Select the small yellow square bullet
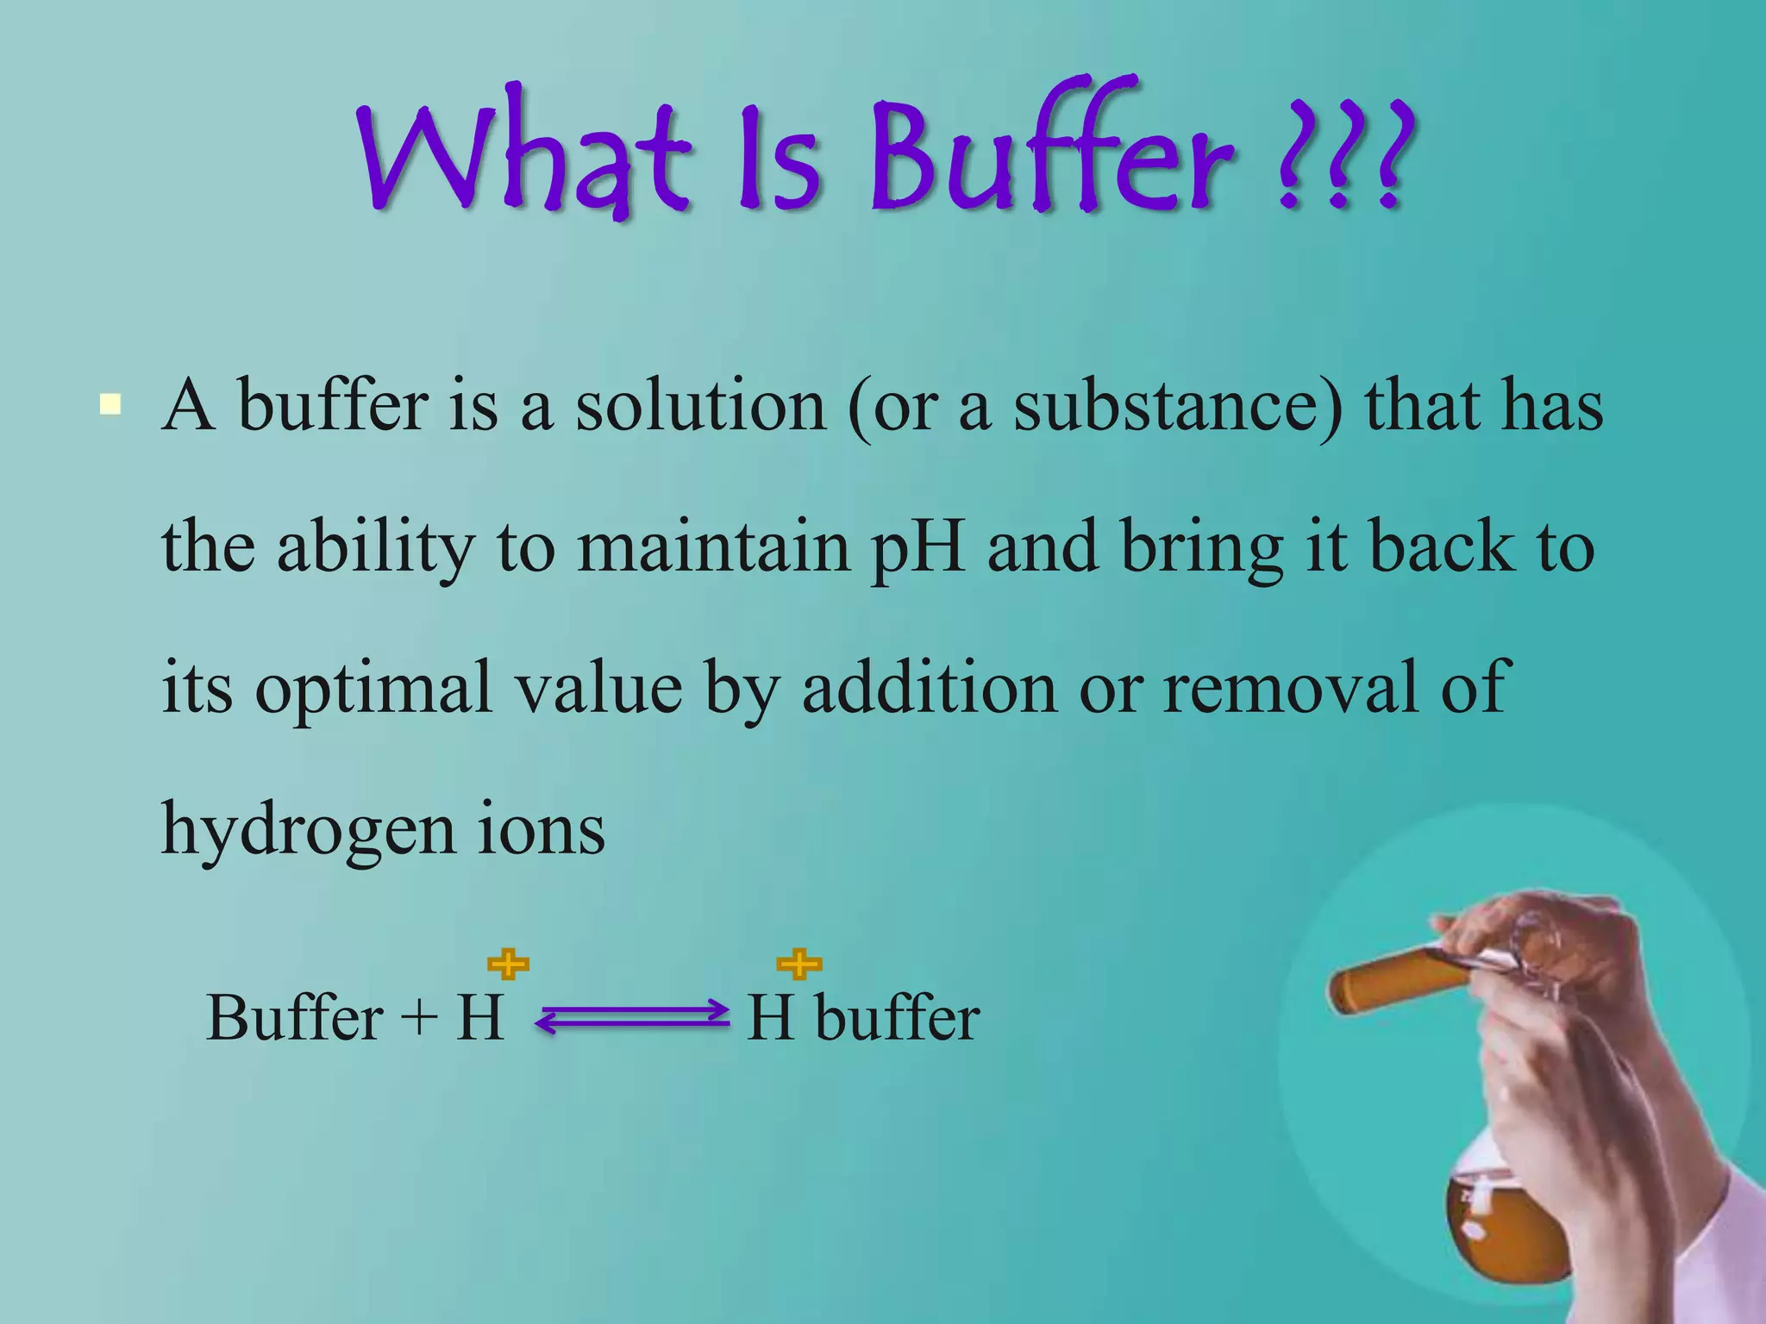point(110,404)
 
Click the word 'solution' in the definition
point(700,406)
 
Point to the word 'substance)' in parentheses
point(1178,406)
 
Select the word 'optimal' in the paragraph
point(373,689)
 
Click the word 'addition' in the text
point(930,687)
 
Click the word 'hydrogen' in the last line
point(309,830)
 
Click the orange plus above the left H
point(509,965)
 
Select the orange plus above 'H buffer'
point(799,964)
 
